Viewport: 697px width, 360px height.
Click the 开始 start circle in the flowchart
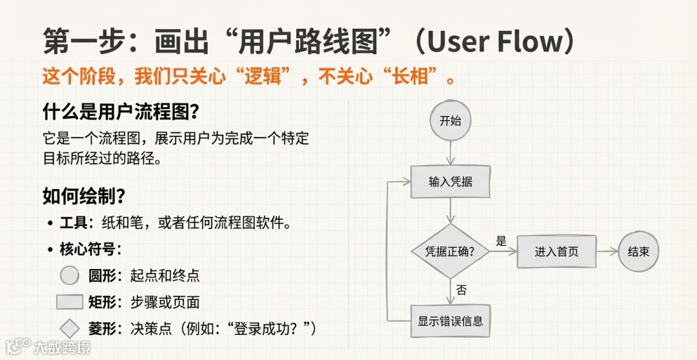coord(450,121)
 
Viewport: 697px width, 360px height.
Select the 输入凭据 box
coord(450,182)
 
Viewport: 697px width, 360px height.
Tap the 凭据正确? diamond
coord(450,252)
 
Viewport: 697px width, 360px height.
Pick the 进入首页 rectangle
coord(556,252)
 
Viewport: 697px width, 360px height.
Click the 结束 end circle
coord(638,252)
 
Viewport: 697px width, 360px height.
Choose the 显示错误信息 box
coord(450,321)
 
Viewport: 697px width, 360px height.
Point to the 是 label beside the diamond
coord(501,241)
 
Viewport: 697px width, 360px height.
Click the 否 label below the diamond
coord(461,290)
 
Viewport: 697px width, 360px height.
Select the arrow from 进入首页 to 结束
coord(606,252)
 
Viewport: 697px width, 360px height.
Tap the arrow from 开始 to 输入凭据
coord(450,153)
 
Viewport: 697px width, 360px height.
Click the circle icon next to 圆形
coord(70,276)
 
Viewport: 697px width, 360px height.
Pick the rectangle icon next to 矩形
coord(70,302)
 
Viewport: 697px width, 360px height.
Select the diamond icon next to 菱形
coord(70,328)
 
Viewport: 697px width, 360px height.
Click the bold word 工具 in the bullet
coord(74,223)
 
